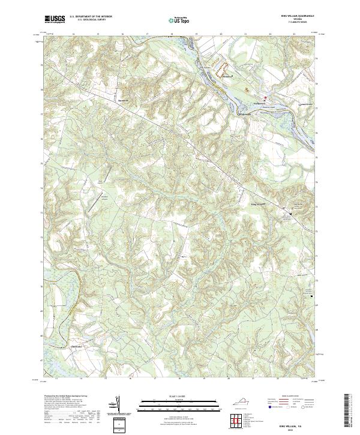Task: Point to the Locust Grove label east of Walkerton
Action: pyautogui.click(x=306, y=103)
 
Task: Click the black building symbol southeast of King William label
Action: pyautogui.click(x=291, y=214)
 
